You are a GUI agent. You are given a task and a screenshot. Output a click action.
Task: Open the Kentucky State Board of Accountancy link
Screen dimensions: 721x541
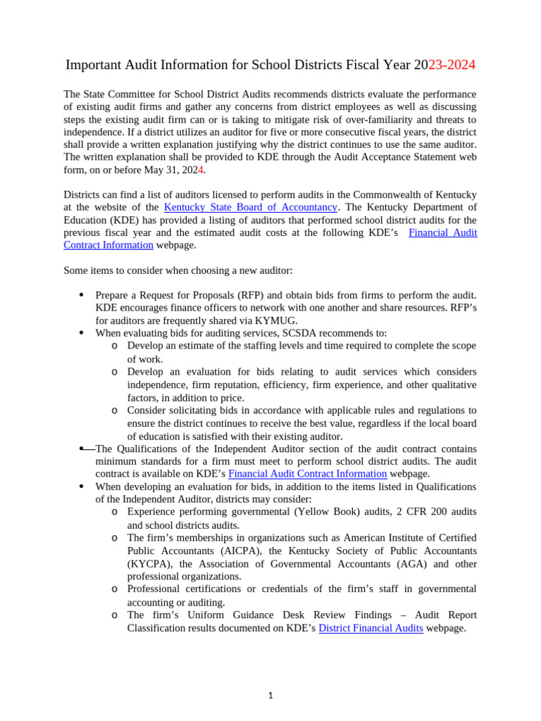point(250,207)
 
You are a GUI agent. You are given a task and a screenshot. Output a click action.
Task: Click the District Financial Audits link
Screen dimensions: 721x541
point(371,628)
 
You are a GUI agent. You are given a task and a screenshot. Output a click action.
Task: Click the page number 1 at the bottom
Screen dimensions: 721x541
point(270,696)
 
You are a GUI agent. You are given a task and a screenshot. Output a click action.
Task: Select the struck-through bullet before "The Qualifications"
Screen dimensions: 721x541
point(82,448)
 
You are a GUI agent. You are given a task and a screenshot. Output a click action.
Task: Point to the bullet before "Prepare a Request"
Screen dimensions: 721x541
point(82,294)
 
